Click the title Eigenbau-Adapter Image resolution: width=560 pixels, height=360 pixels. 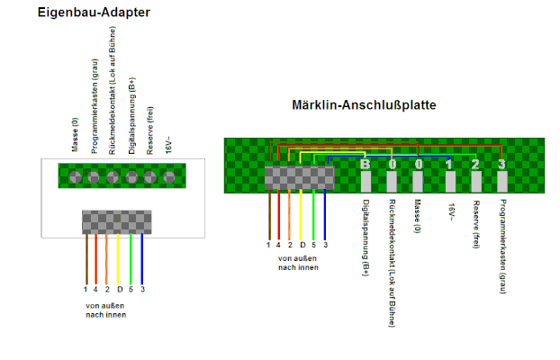pos(94,13)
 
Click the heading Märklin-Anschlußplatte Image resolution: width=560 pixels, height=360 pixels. pos(364,105)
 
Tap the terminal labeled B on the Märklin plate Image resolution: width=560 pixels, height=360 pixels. pos(366,182)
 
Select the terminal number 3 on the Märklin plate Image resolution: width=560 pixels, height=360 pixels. pos(502,182)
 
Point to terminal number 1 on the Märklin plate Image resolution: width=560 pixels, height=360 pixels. pos(450,182)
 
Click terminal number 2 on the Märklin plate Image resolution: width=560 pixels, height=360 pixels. pos(476,182)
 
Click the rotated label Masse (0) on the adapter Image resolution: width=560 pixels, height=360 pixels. pos(75,135)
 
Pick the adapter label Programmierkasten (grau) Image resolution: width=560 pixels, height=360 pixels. pos(94,106)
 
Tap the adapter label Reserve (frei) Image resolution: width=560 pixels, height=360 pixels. pos(150,130)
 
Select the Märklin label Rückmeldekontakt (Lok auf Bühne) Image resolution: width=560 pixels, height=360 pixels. pos(392,263)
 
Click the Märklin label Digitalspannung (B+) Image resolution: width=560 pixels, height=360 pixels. pos(366,238)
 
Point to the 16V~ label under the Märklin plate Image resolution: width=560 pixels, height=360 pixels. pos(451,212)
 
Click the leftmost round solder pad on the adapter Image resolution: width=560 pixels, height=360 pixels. pos(76,176)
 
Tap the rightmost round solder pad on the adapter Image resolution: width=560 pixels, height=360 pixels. pos(169,176)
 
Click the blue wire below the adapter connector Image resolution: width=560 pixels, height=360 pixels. pos(141,258)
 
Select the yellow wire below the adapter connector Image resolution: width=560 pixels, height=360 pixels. pos(118,258)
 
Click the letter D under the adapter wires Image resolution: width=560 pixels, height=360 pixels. pos(120,289)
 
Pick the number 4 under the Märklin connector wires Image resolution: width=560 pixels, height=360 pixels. pos(278,245)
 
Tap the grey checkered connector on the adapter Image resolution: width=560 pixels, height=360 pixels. pos(117,222)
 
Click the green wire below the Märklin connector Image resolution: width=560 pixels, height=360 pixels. pos(313,214)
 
